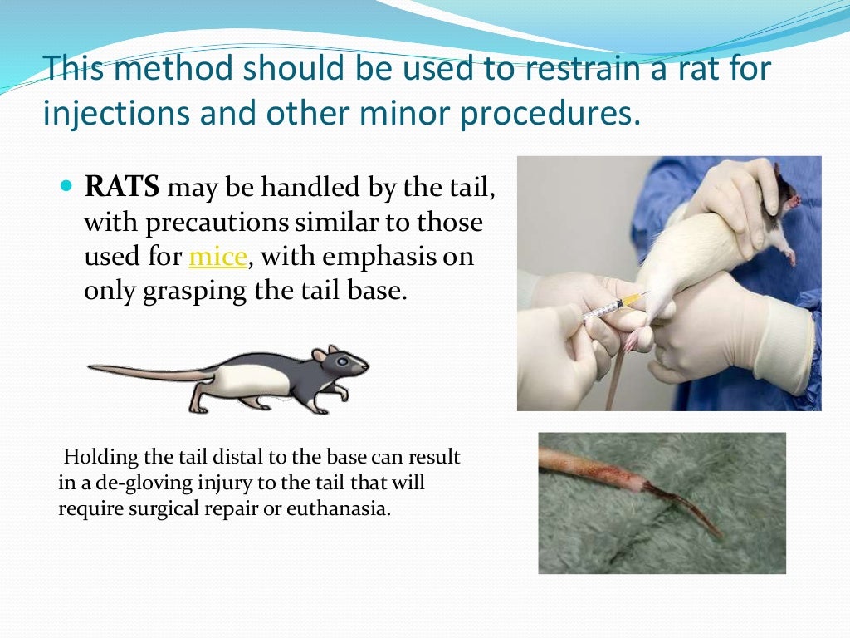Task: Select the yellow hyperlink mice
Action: pos(218,258)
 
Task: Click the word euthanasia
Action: pos(340,508)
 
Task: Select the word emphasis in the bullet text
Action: pos(390,258)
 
